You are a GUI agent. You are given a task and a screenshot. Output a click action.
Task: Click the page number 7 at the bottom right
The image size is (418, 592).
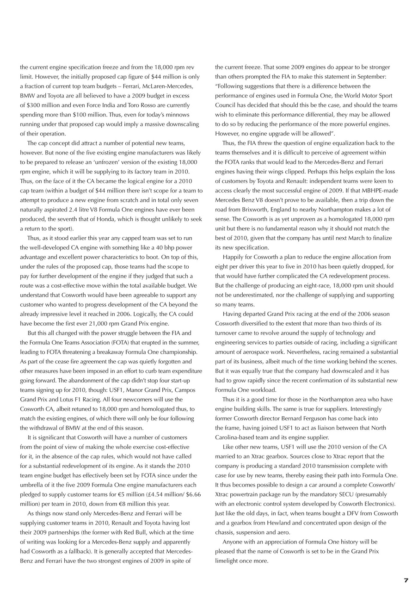click(x=406, y=580)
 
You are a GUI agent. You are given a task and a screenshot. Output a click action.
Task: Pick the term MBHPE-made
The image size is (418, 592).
click(x=379, y=191)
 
